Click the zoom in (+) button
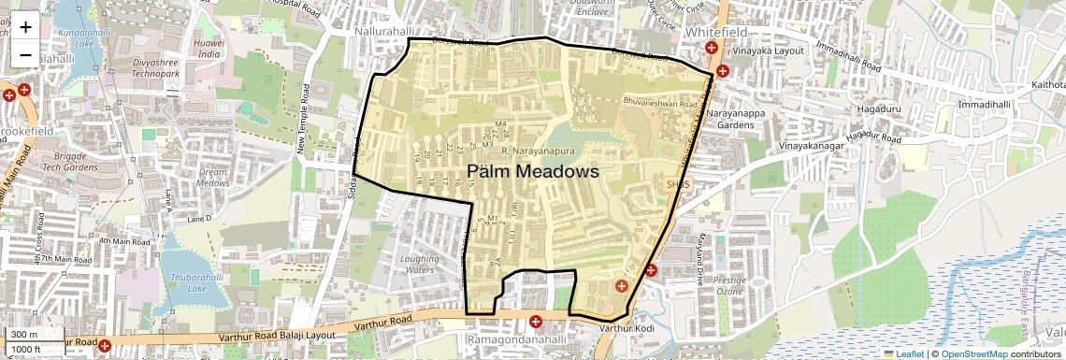point(25,27)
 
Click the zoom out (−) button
point(25,54)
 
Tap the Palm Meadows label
point(532,172)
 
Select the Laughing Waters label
point(418,264)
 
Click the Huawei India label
point(209,49)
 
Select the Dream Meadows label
point(213,178)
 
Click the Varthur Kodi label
point(624,328)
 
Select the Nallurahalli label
point(384,31)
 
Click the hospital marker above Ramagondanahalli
point(536,322)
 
